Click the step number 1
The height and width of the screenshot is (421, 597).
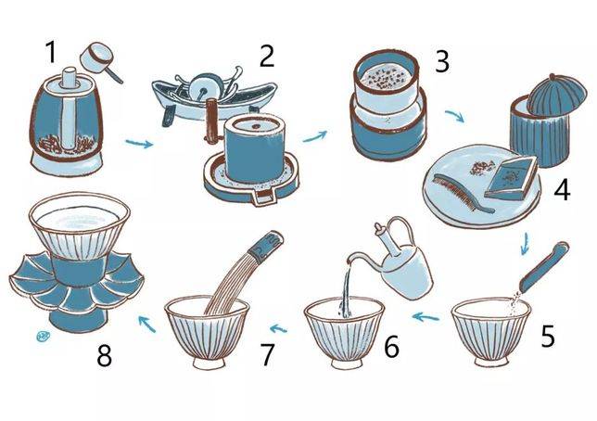(51, 52)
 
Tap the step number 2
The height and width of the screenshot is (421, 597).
(267, 57)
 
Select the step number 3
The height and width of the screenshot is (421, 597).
(442, 62)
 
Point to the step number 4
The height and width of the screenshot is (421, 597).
(562, 190)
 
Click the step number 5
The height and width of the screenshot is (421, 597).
(548, 336)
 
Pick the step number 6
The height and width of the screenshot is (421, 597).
(392, 346)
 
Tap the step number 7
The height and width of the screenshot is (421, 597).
(267, 355)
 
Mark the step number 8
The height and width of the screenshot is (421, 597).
(105, 357)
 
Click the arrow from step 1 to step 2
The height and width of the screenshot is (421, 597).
(139, 144)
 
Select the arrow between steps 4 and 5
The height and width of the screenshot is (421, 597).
(526, 243)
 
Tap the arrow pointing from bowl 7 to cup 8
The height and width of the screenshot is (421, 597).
(147, 323)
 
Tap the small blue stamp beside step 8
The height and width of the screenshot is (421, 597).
(43, 336)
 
